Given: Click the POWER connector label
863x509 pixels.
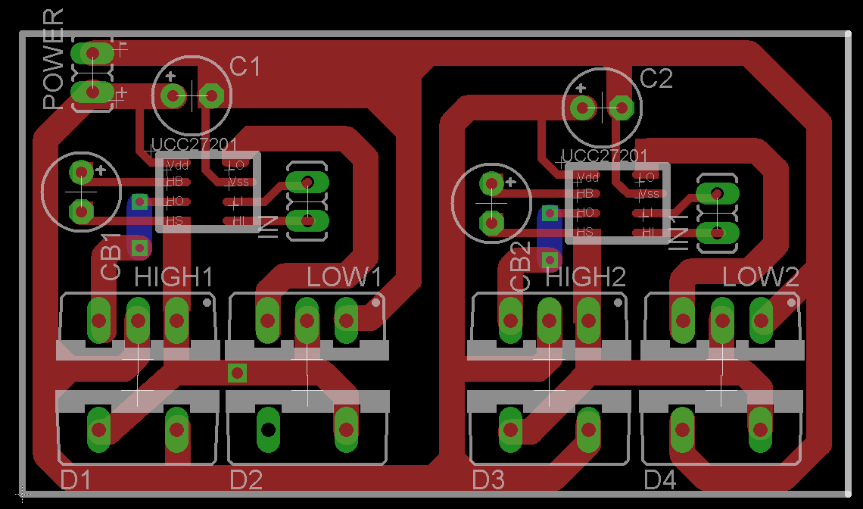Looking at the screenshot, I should pos(54,61).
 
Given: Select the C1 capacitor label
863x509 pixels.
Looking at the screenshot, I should pos(245,67).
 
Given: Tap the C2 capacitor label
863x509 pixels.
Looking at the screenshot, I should pos(656,78).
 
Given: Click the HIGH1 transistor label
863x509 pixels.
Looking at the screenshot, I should pos(174,277).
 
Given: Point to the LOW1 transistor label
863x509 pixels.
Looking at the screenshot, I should pos(344,277).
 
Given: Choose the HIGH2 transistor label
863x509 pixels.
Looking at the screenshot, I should pos(585,277).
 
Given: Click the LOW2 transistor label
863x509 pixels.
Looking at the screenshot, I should pos(761,277).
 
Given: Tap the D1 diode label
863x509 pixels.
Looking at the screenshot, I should pos(76,479).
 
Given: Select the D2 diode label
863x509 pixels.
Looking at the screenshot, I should pos(246,479).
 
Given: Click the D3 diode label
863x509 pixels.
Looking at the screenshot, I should pos(488,479).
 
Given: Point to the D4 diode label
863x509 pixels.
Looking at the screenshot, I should pos(659,479).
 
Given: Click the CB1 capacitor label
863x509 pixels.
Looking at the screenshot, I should pos(111,258).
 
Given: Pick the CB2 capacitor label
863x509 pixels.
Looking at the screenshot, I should pos(521,267).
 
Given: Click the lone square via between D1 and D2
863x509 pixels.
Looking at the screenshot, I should pos(237,372).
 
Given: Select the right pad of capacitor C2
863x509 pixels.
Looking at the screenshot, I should pos(622,108).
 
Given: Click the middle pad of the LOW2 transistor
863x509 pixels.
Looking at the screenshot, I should pos(721,320).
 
